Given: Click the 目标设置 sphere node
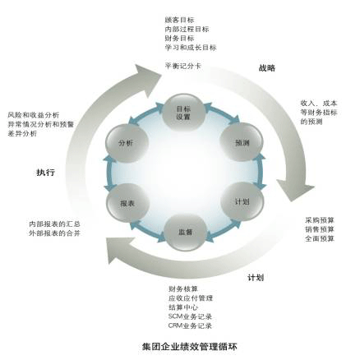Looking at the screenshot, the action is click(183, 113).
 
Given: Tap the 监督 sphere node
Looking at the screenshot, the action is click(185, 232).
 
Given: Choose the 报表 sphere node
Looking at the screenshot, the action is click(127, 203).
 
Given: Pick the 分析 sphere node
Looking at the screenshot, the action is click(127, 143).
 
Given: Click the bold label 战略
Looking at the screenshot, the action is click(267, 68).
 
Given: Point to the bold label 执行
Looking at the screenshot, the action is click(45, 173).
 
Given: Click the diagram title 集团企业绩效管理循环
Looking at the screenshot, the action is click(189, 347).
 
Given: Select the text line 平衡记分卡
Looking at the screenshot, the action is click(182, 66).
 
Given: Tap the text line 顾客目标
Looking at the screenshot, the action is click(179, 20).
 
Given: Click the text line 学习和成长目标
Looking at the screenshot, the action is click(191, 48).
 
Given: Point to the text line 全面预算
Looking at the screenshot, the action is click(320, 238).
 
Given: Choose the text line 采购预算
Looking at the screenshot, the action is click(320, 220).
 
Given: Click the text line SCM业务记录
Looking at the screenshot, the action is click(190, 316).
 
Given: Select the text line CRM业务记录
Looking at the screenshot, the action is click(190, 326).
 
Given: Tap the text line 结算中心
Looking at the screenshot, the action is click(183, 307).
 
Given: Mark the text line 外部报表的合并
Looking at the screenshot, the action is click(54, 233).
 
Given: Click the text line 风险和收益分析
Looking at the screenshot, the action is click(34, 115).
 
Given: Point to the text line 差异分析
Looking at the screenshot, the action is click(22, 134).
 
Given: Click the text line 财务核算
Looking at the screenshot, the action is click(183, 288).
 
